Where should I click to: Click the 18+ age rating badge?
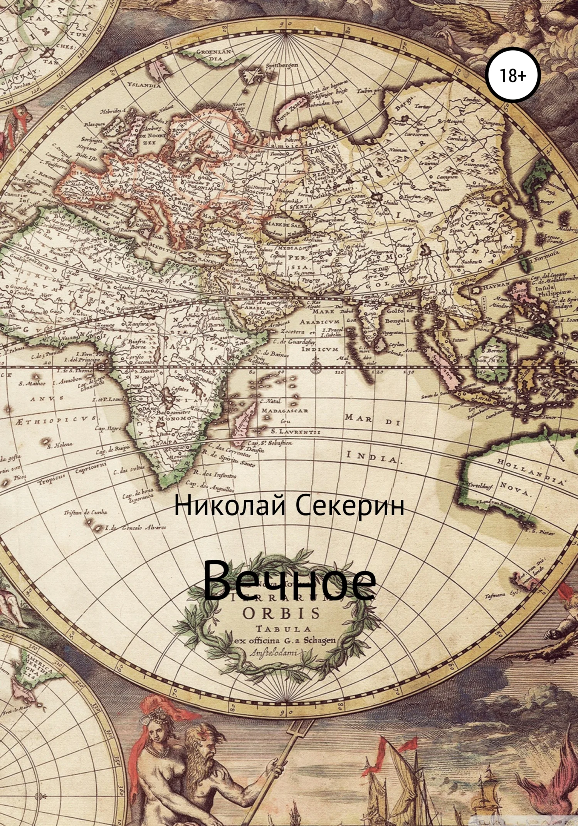tap(512, 75)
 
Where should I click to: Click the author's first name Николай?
tap(229, 506)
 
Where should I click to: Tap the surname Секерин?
tap(350, 506)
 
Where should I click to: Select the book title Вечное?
tap(289, 581)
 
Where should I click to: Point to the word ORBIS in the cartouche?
tap(282, 613)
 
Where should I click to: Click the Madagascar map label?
tap(285, 410)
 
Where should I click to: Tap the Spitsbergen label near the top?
tap(282, 65)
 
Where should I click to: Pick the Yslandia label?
tap(144, 85)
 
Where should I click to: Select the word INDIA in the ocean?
tap(371, 457)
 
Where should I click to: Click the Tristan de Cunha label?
tap(86, 512)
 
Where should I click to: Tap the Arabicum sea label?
tap(320, 321)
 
